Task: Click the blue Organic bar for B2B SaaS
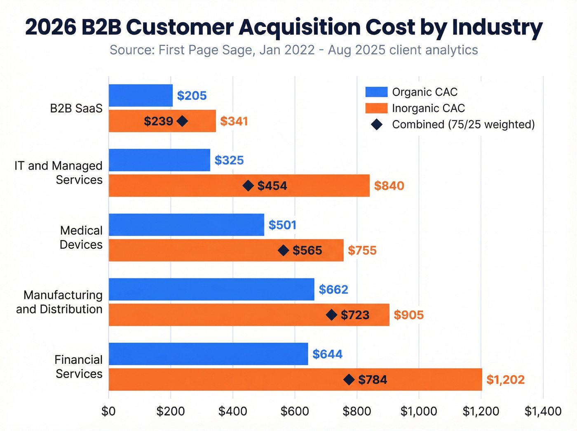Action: point(141,95)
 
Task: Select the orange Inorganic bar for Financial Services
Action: point(295,379)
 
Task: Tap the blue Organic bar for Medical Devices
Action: point(186,225)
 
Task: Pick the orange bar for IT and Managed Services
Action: point(239,186)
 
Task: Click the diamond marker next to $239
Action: point(182,121)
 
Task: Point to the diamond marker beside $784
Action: point(349,380)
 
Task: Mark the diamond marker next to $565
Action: point(284,250)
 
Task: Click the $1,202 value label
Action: point(505,379)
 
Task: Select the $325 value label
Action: point(229,160)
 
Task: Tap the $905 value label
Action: point(408,315)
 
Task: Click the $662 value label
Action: point(333,290)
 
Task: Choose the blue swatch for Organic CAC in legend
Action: point(376,92)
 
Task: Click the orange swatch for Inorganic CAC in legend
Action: point(376,108)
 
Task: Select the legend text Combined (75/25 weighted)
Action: point(463,125)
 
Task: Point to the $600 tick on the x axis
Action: point(295,411)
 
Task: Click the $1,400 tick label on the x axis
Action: point(543,411)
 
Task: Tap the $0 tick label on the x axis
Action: point(109,411)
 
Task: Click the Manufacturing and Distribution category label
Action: point(60,302)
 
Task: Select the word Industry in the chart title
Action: point(497,27)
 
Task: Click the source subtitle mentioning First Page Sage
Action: point(293,50)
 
